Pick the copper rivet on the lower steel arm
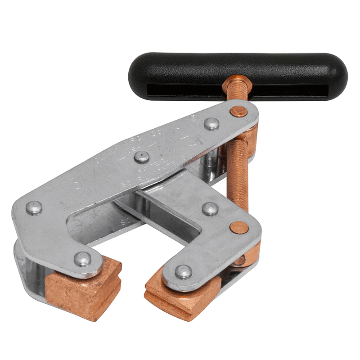238,227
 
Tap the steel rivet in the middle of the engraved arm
142,157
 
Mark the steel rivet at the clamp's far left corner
34,207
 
